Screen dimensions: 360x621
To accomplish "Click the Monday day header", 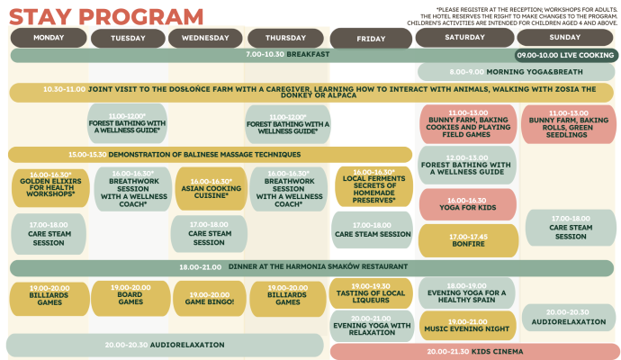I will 49,37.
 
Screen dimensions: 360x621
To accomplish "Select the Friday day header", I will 370,38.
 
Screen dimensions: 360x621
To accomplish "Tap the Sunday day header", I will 564,37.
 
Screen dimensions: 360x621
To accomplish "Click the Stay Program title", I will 107,15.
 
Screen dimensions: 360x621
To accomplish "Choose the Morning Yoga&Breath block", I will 515,72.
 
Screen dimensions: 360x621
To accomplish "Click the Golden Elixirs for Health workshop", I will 48,185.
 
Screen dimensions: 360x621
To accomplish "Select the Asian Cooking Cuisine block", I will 209,186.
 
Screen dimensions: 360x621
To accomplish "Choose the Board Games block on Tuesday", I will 129,298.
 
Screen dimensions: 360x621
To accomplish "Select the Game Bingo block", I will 209,298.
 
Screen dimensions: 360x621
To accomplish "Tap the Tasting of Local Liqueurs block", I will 372,292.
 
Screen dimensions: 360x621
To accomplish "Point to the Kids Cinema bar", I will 473,351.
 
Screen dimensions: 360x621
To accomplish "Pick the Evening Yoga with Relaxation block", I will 372,326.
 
